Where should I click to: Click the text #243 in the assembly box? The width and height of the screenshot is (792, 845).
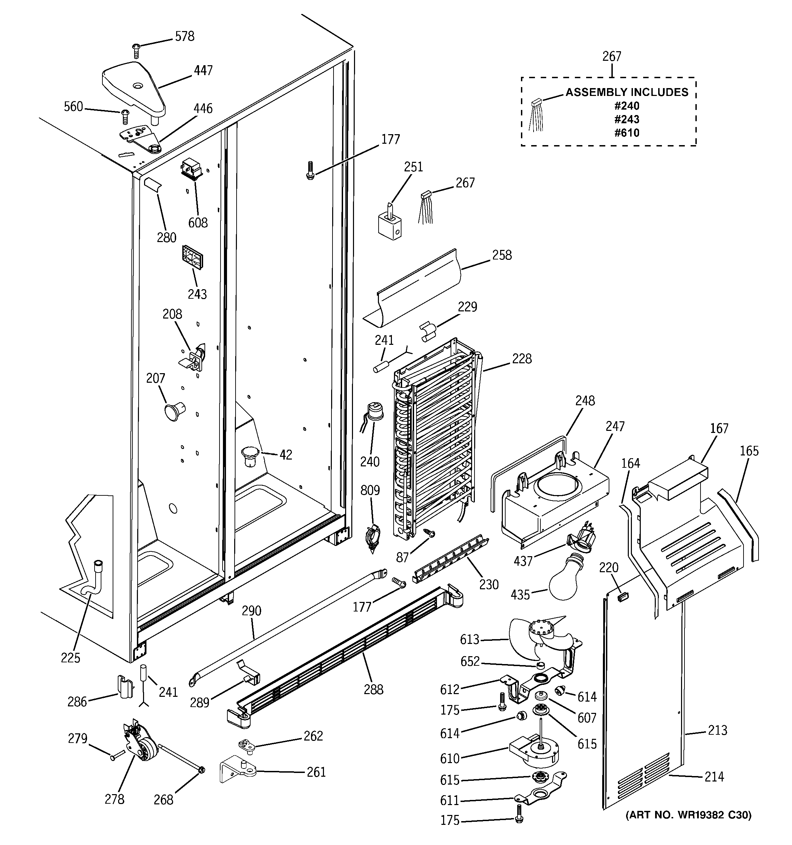(627, 119)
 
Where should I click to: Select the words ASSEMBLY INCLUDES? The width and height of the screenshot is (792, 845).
(627, 92)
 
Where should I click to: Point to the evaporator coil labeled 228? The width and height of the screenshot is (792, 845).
(436, 438)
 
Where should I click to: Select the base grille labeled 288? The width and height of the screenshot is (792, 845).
(344, 655)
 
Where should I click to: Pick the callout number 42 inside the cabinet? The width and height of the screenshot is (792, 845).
(286, 455)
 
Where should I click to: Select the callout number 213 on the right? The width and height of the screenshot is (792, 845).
(718, 730)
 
